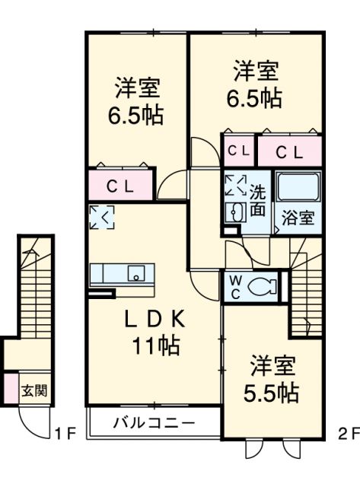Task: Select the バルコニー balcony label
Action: (x=155, y=422)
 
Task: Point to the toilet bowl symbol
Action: (x=260, y=286)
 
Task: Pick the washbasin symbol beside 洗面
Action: (x=234, y=212)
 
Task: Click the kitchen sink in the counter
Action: (x=136, y=273)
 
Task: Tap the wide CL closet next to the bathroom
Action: (x=288, y=151)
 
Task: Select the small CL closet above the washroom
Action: (x=238, y=151)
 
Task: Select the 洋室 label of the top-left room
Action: (x=138, y=87)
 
